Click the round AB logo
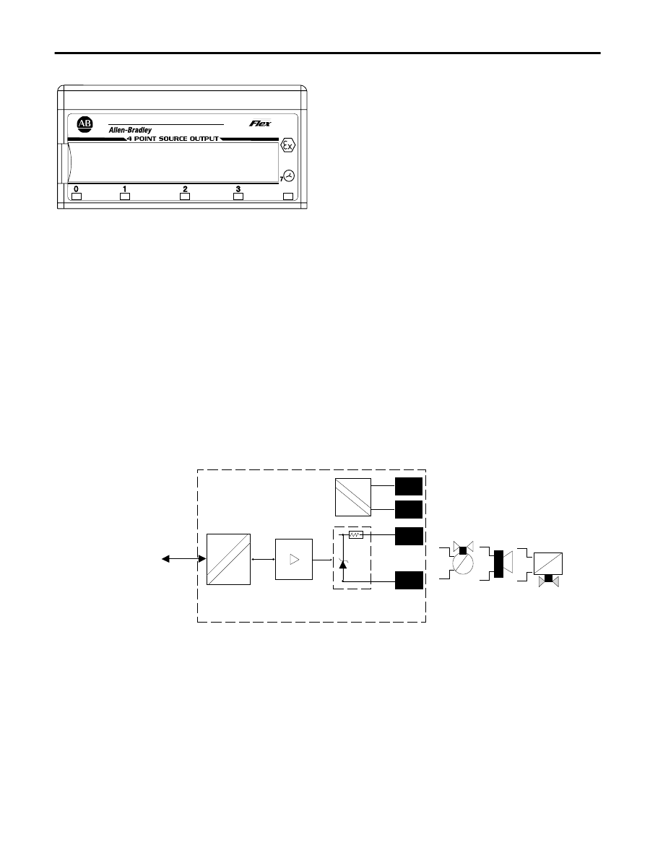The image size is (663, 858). point(84,123)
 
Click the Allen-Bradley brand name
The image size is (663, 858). point(130,130)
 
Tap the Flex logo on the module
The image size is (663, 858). point(261,123)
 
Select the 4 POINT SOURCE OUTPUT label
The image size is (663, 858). point(173,139)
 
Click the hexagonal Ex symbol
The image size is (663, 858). point(287,146)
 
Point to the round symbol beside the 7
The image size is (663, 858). point(289,175)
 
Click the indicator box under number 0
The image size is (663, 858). point(77,196)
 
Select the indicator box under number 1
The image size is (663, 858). point(125,196)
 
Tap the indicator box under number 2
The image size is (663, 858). point(185,196)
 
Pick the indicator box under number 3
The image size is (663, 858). point(238,196)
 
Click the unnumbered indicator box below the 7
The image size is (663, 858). point(287,196)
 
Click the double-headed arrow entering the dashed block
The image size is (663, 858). point(183,559)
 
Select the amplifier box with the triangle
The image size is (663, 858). point(294,559)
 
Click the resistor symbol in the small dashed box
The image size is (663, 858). point(356,534)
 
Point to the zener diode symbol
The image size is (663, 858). point(343,563)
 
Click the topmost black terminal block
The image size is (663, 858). point(409,487)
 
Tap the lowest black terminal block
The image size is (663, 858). point(409,580)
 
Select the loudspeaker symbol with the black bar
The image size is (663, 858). point(502,563)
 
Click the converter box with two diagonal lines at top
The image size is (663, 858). point(353,498)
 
